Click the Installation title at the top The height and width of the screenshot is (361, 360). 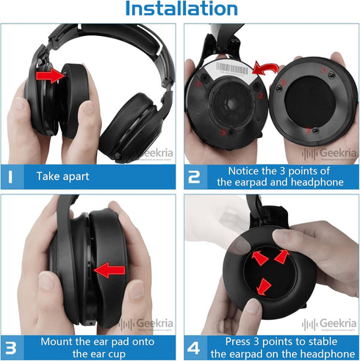point(181,10)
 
